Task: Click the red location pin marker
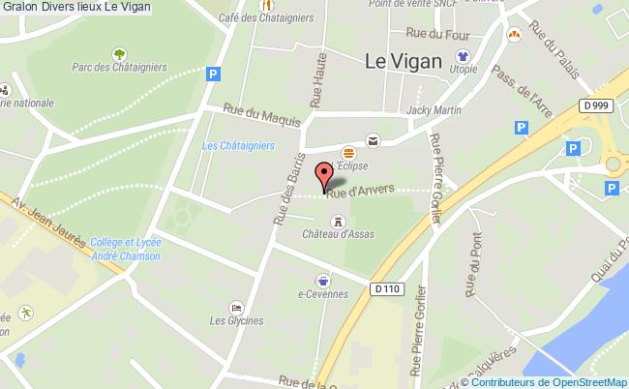(x=324, y=176)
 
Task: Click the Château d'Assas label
(x=337, y=235)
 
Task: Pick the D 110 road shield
(x=385, y=288)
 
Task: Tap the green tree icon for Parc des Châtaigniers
(x=119, y=54)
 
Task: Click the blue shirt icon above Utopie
(x=463, y=56)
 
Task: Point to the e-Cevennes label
(x=323, y=294)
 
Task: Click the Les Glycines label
(x=236, y=320)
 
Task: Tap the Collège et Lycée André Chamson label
(x=125, y=250)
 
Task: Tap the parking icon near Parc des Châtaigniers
(x=213, y=72)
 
